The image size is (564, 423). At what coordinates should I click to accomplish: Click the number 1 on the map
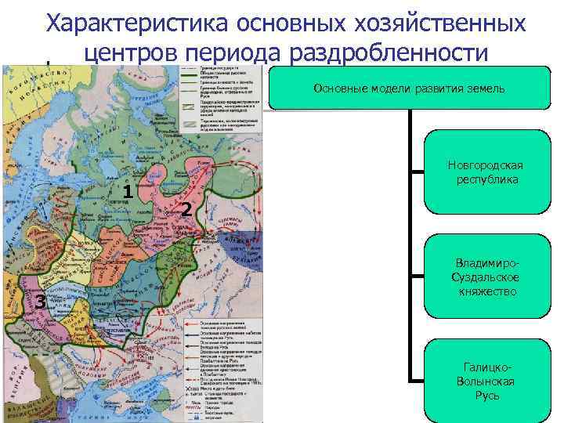[x=127, y=190]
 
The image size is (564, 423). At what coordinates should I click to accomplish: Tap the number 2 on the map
[x=185, y=209]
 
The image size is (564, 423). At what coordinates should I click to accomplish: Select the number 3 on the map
[x=38, y=298]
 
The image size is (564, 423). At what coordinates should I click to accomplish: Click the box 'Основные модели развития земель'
[x=409, y=89]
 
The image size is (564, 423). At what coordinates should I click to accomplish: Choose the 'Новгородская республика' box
[x=486, y=172]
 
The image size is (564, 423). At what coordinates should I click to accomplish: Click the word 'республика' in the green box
[x=486, y=180]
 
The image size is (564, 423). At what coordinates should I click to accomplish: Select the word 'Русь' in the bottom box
[x=486, y=395]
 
